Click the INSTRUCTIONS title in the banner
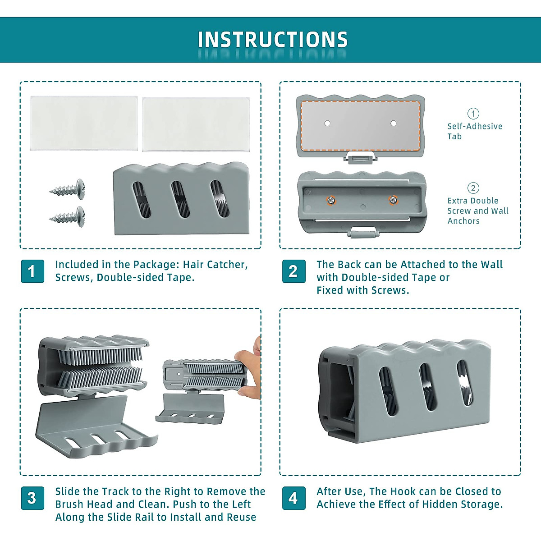click(x=272, y=40)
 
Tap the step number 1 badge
click(x=32, y=271)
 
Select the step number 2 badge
click(x=293, y=271)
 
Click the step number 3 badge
click(x=32, y=498)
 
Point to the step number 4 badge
click(x=293, y=498)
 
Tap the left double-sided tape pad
click(x=84, y=123)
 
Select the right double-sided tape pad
click(x=196, y=124)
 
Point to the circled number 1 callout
click(x=473, y=114)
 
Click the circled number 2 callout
click(x=473, y=188)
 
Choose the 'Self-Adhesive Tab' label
click(x=474, y=131)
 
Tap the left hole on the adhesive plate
click(x=328, y=123)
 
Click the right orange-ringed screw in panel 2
click(x=393, y=200)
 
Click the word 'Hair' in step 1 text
click(x=194, y=265)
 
